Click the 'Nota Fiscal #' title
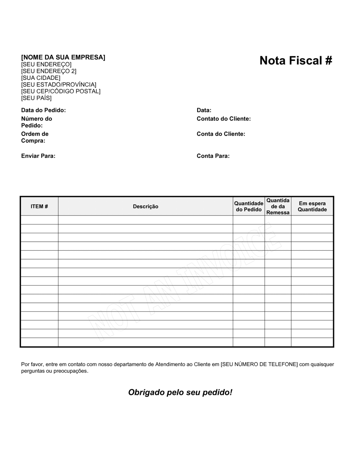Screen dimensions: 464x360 296,61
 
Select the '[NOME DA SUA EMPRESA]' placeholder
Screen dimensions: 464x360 63,58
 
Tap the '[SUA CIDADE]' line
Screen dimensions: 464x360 41,78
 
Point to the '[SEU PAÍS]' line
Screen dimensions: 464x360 36,98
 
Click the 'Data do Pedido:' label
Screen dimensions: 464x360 44,110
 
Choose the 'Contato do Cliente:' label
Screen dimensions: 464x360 224,119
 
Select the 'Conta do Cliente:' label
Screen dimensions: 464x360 221,134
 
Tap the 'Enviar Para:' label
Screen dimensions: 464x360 38,156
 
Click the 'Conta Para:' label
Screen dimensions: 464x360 213,156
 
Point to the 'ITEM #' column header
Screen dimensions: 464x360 39,206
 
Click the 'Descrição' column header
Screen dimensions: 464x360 145,206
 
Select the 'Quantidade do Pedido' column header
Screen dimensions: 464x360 249,206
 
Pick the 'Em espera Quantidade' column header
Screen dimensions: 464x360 312,206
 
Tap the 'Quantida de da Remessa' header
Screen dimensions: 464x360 278,206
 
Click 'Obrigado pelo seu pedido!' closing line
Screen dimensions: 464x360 180,392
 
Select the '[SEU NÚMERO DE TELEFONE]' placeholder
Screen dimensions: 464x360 259,364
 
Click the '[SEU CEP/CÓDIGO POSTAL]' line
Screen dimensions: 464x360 61,91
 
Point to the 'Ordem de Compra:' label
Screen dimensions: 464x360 35,137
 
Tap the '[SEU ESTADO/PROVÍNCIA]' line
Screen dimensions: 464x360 59,85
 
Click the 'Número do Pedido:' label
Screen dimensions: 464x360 36,122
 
